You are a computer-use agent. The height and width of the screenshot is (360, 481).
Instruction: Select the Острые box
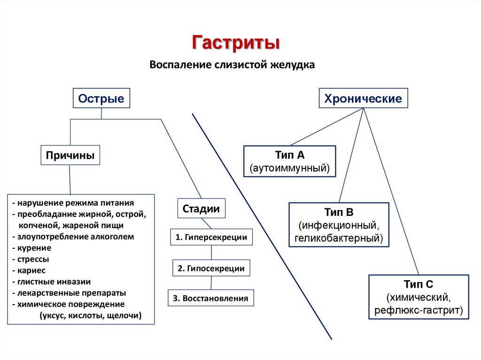tap(101, 99)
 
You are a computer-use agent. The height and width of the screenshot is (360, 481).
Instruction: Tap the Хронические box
tap(364, 99)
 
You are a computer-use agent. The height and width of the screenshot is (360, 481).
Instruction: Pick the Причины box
tap(70, 155)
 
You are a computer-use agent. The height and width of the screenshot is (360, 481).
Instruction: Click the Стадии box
tap(201, 209)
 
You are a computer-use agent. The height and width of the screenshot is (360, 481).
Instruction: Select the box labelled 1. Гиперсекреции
tap(211, 237)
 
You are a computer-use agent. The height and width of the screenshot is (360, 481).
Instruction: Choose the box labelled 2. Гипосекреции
tap(211, 269)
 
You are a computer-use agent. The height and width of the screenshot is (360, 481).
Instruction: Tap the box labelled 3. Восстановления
tap(211, 299)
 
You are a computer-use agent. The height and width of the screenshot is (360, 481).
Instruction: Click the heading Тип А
tap(290, 155)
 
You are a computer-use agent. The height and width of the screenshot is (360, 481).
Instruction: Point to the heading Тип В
tap(338, 213)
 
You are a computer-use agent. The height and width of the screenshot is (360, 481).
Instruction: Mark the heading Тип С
tap(418, 284)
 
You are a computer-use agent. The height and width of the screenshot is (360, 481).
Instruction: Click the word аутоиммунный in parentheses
tap(290, 168)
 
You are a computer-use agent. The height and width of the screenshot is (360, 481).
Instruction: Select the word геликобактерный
tap(339, 238)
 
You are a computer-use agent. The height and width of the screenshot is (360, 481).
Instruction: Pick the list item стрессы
tap(33, 259)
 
